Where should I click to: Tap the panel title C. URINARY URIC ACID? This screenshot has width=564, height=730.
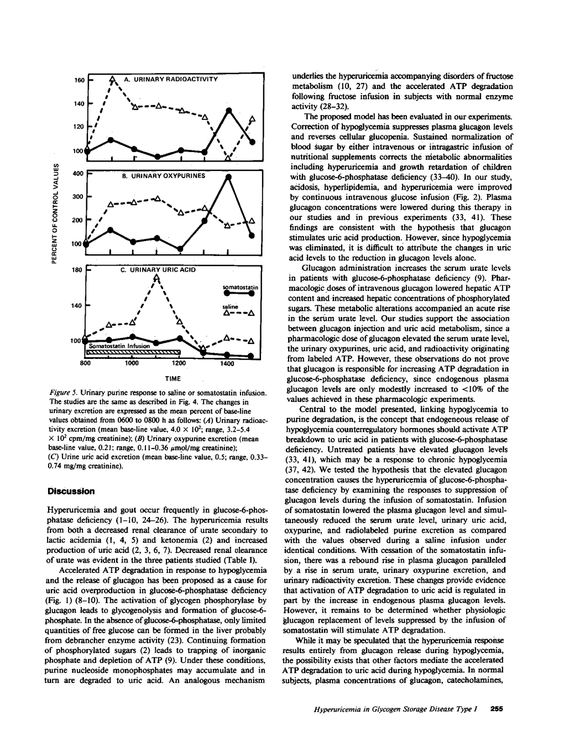point(159,270)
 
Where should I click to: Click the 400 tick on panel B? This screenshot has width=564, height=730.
point(77,174)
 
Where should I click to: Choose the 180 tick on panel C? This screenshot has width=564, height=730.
point(77,270)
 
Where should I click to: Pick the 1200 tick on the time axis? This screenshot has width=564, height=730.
point(179,364)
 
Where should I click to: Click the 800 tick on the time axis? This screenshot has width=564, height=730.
point(86,364)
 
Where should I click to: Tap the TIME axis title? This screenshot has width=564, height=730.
point(173,379)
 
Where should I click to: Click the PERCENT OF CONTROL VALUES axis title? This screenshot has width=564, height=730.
point(54,213)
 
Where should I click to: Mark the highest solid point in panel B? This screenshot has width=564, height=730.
point(228,177)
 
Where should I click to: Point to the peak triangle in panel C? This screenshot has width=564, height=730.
point(157,278)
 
